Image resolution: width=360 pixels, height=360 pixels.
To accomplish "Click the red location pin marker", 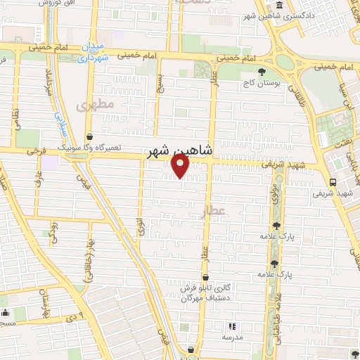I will click(181, 165).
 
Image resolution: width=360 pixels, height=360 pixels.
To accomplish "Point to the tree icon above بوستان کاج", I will click(262, 72).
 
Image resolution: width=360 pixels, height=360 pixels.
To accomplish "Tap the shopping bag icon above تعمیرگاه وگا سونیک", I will click(89, 137).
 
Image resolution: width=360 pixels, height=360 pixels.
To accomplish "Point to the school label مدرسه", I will click(233, 337).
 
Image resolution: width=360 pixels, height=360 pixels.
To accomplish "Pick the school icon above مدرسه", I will click(233, 327).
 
